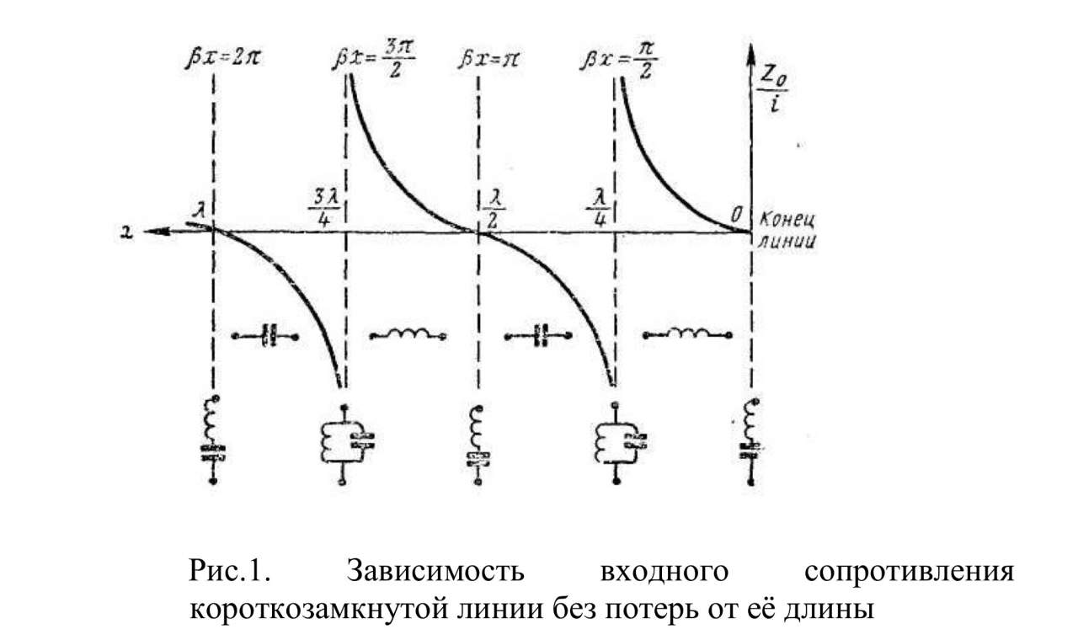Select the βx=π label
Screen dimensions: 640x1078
(x=489, y=61)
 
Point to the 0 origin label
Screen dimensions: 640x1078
(x=738, y=216)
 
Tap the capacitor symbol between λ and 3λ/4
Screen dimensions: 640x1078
(x=268, y=335)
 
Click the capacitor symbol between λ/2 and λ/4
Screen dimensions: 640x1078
(x=541, y=335)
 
